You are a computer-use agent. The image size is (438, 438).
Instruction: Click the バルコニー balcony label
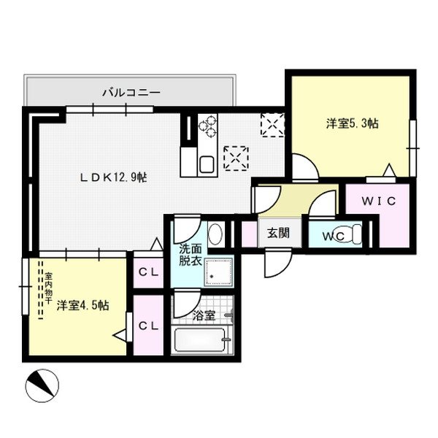pyautogui.click(x=131, y=93)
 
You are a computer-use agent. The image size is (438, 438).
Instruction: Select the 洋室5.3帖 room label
pyautogui.click(x=352, y=124)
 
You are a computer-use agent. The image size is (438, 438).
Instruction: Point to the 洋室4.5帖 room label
pyautogui.click(x=82, y=306)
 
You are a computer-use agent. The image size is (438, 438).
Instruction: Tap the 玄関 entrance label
pyautogui.click(x=277, y=234)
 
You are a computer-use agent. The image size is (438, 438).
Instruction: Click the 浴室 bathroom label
pyautogui.click(x=204, y=316)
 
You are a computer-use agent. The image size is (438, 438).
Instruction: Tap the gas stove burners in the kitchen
pyautogui.click(x=207, y=127)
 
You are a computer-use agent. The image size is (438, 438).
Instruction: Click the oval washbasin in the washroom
pyautogui.click(x=215, y=234)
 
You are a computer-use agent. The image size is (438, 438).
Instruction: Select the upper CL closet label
pyautogui.click(x=149, y=272)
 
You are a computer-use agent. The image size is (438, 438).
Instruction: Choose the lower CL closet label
pyautogui.click(x=149, y=326)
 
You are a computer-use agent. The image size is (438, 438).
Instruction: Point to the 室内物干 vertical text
pyautogui.click(x=48, y=289)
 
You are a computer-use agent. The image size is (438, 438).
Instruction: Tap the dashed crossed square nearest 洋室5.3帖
pyautogui.click(x=274, y=125)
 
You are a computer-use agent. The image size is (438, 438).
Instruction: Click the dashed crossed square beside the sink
pyautogui.click(x=236, y=156)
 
